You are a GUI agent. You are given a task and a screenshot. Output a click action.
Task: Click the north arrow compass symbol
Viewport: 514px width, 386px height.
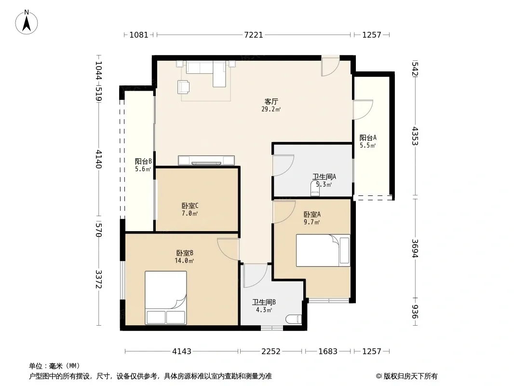coord(27,22)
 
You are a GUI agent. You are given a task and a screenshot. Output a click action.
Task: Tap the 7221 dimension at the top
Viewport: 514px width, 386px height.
coord(254,35)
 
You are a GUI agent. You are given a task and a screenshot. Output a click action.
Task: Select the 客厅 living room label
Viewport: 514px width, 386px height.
coord(271,102)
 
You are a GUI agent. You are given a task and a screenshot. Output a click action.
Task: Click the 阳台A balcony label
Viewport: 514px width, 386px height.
coord(368,138)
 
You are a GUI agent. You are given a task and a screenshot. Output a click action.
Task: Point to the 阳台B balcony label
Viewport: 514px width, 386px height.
coord(143,161)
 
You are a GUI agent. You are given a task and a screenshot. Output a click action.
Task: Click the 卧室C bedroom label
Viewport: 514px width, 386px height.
coord(190,206)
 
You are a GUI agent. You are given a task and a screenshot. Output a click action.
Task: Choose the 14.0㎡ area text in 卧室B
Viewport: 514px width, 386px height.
coord(184,261)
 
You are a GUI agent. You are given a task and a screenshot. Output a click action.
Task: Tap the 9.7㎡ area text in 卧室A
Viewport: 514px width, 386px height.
coord(312,222)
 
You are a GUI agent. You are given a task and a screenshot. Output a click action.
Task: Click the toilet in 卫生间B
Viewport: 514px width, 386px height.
coord(293,319)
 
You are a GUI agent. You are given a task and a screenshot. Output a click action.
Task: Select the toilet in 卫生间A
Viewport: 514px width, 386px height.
coord(315,188)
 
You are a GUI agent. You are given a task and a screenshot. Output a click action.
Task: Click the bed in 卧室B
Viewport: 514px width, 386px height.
coord(166,297)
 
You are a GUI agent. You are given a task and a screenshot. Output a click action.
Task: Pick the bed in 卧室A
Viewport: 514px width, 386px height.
coord(323,250)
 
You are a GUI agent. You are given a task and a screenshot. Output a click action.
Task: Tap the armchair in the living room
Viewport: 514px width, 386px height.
coord(184,87)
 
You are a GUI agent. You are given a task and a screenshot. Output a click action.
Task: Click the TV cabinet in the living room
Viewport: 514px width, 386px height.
coord(206,160)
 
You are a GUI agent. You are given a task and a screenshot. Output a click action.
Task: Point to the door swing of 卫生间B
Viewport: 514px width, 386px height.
coord(255,276)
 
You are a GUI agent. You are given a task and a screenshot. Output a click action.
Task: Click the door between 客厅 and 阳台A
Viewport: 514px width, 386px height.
coord(363,110)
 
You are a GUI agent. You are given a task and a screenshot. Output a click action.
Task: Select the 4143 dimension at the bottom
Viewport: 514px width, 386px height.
coord(182,352)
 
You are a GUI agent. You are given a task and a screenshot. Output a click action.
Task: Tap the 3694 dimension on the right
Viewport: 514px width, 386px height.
coord(415,248)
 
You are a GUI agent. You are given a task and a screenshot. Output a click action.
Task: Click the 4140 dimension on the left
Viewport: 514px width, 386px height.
coord(99,159)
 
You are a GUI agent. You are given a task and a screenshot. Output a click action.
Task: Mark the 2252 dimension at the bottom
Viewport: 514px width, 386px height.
coord(271,352)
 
